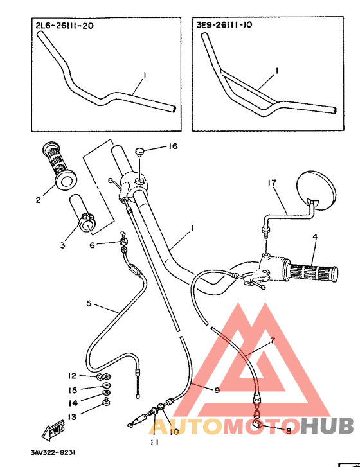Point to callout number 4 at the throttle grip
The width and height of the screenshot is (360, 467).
click(x=315, y=237)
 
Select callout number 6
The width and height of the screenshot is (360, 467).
click(x=92, y=245)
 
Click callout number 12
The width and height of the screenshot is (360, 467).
click(x=73, y=376)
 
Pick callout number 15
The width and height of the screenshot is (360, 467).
click(x=73, y=390)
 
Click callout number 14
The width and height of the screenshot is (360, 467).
click(x=73, y=403)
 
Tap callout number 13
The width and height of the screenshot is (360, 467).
click(x=73, y=417)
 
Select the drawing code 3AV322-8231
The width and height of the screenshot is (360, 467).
click(x=53, y=452)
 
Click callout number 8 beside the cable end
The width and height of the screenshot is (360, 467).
click(x=288, y=430)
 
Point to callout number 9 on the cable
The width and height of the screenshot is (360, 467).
click(x=217, y=389)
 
